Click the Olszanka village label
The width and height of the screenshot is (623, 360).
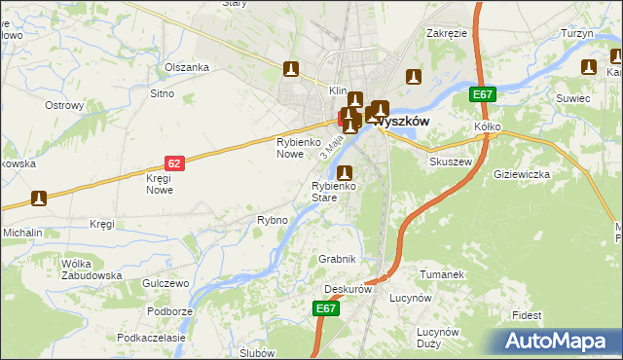[187, 67]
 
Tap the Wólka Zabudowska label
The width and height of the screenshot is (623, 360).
[92, 270]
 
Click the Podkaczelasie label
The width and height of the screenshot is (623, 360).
[151, 337]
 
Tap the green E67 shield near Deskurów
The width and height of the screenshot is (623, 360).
[326, 308]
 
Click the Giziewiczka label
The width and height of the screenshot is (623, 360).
[522, 174]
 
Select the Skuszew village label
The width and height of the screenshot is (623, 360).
[451, 162]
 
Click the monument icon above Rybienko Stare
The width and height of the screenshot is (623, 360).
[343, 173]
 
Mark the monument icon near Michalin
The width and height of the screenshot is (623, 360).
[38, 199]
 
